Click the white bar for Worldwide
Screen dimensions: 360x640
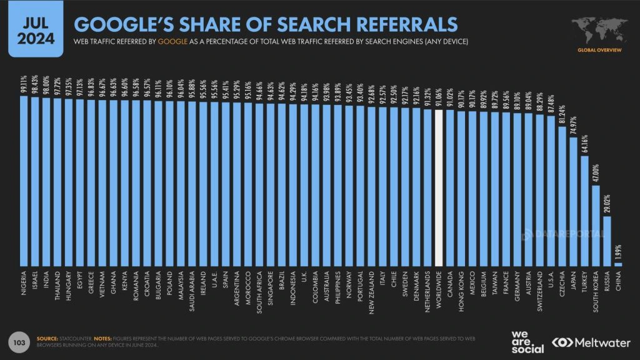(439, 187)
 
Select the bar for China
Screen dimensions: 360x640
(619, 264)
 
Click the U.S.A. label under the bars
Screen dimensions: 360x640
(551, 278)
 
